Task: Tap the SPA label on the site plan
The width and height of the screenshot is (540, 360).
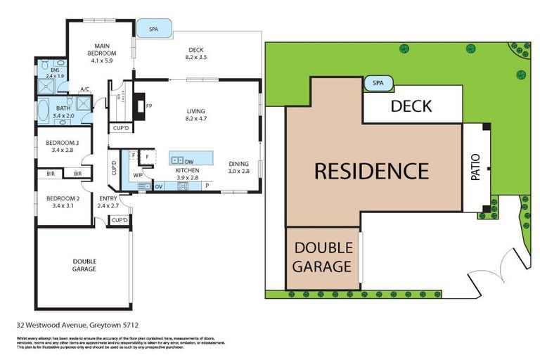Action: point(378,83)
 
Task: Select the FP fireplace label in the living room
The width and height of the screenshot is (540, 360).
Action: point(149,106)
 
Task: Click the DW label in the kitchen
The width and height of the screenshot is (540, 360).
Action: point(190,161)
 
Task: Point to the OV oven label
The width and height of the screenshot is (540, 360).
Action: point(159,186)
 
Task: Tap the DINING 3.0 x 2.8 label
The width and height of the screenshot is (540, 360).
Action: point(238,167)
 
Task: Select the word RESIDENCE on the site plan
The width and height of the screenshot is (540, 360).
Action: point(371,171)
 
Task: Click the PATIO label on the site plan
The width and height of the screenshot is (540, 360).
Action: point(475,168)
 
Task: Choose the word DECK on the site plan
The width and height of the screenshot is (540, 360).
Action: point(411,106)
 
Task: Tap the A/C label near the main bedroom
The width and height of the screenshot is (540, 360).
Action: point(84,89)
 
